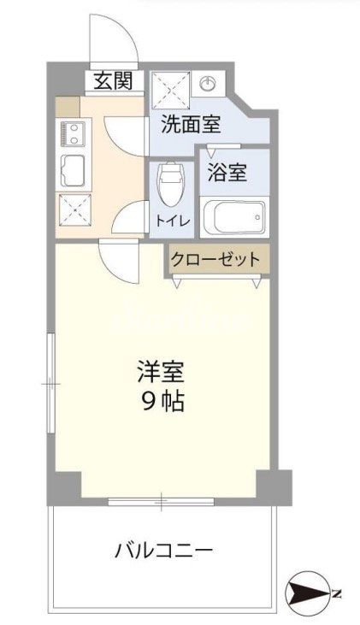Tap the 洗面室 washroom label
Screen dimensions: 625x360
(191, 126)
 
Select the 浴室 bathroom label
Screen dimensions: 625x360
(227, 171)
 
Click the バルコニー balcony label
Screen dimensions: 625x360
(163, 550)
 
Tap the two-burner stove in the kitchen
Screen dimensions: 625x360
(72, 133)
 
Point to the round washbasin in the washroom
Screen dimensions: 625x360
(208, 83)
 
